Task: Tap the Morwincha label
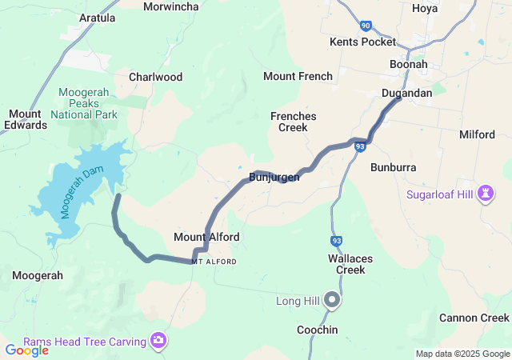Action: click(171, 6)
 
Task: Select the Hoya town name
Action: click(425, 8)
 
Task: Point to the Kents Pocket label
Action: click(362, 42)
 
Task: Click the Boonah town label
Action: click(409, 64)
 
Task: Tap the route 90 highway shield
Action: click(366, 26)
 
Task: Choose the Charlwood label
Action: click(155, 78)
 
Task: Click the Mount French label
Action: click(298, 77)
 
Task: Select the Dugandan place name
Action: click(406, 94)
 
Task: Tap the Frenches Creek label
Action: click(293, 122)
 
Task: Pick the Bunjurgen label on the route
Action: click(274, 177)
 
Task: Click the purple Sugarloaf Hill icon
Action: click(484, 193)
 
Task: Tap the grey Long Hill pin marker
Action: click(332, 301)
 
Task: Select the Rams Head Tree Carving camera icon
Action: click(159, 342)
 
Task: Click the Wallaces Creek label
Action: click(346, 264)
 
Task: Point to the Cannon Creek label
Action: click(474, 318)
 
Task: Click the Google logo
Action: click(26, 350)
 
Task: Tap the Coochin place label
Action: click(317, 330)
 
